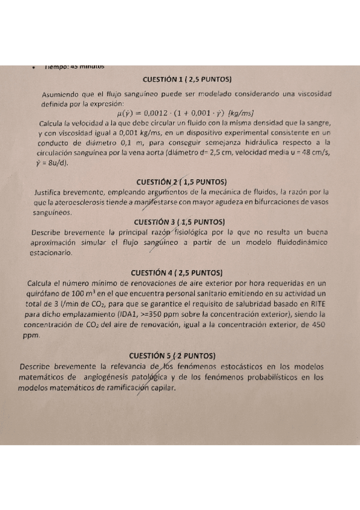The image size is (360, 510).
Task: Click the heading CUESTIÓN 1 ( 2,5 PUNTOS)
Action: click(187, 79)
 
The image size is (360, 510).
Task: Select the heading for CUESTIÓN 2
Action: click(181, 181)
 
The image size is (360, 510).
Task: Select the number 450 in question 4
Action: click(317, 325)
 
